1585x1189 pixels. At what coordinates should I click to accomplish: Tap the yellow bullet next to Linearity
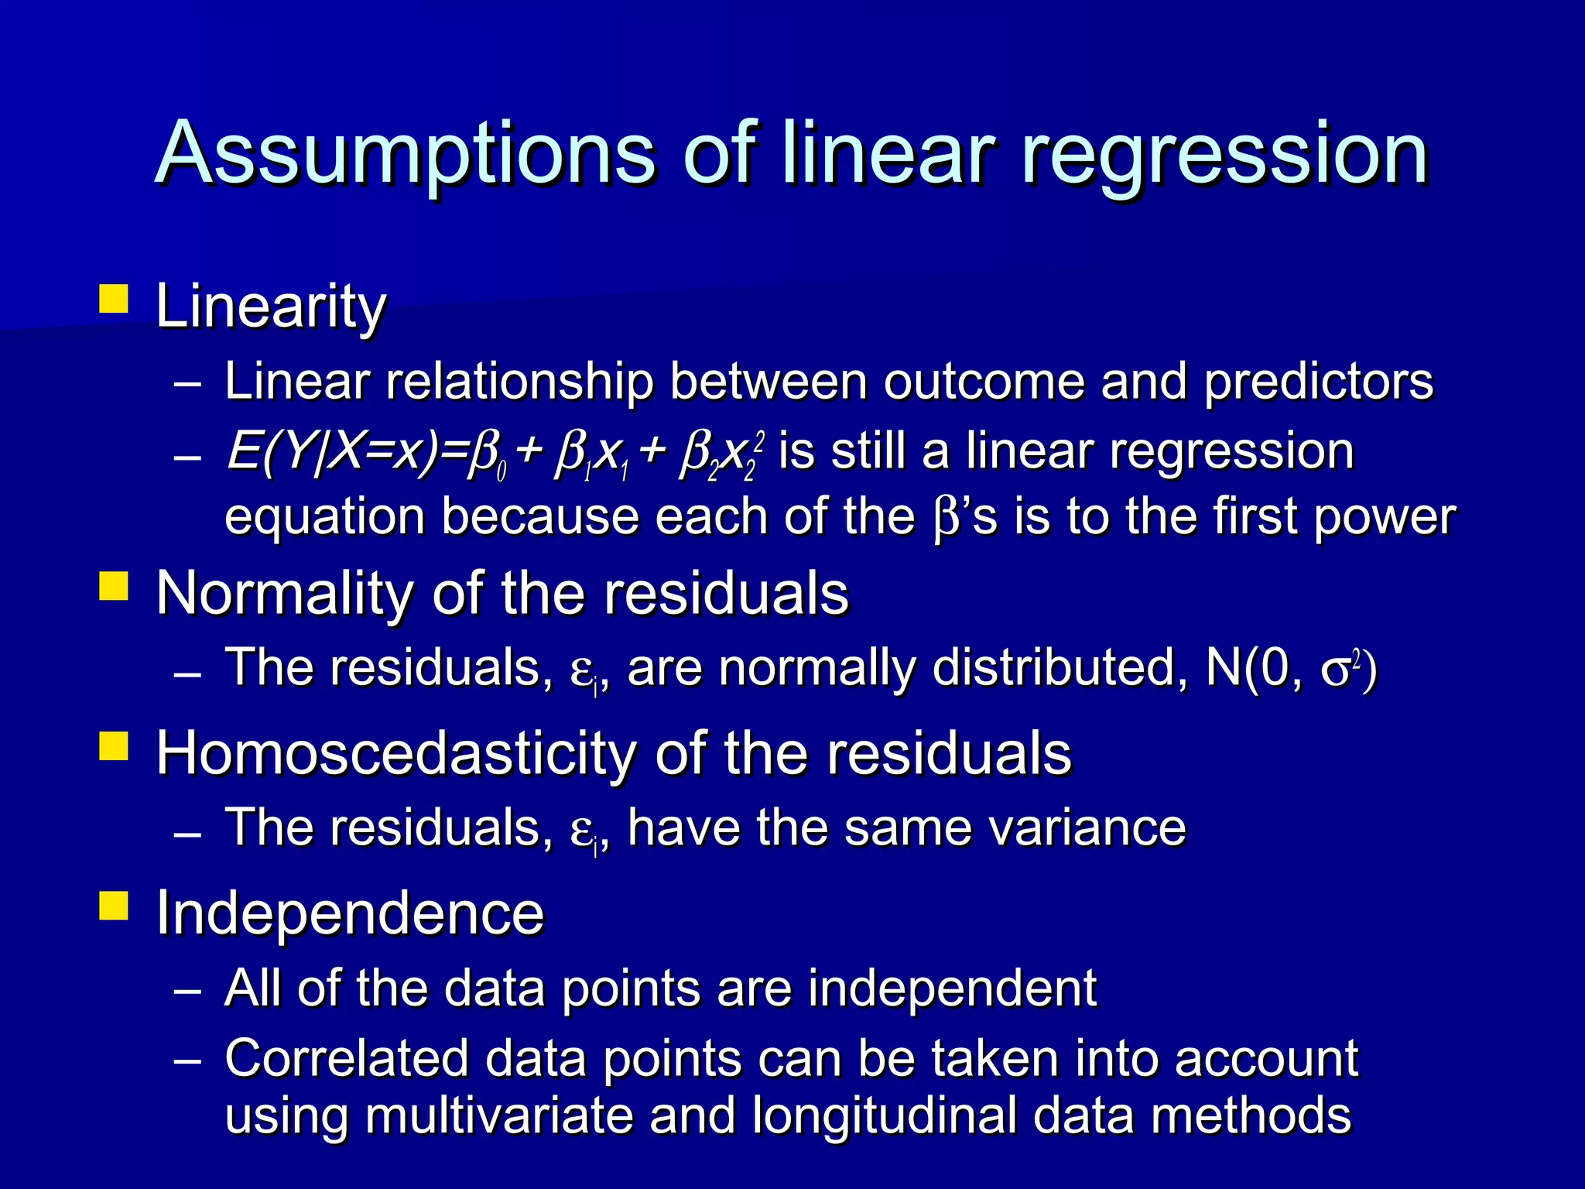coord(114,299)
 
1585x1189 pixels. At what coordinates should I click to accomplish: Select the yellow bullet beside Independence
coord(114,906)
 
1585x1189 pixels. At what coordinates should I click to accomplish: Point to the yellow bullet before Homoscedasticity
coord(114,746)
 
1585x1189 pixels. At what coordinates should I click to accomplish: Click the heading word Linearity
coord(271,307)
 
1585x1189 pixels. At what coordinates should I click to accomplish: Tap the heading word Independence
coord(350,913)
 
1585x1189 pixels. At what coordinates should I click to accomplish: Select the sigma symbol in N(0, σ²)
coord(1337,670)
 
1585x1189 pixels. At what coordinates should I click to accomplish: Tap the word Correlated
coord(347,1058)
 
